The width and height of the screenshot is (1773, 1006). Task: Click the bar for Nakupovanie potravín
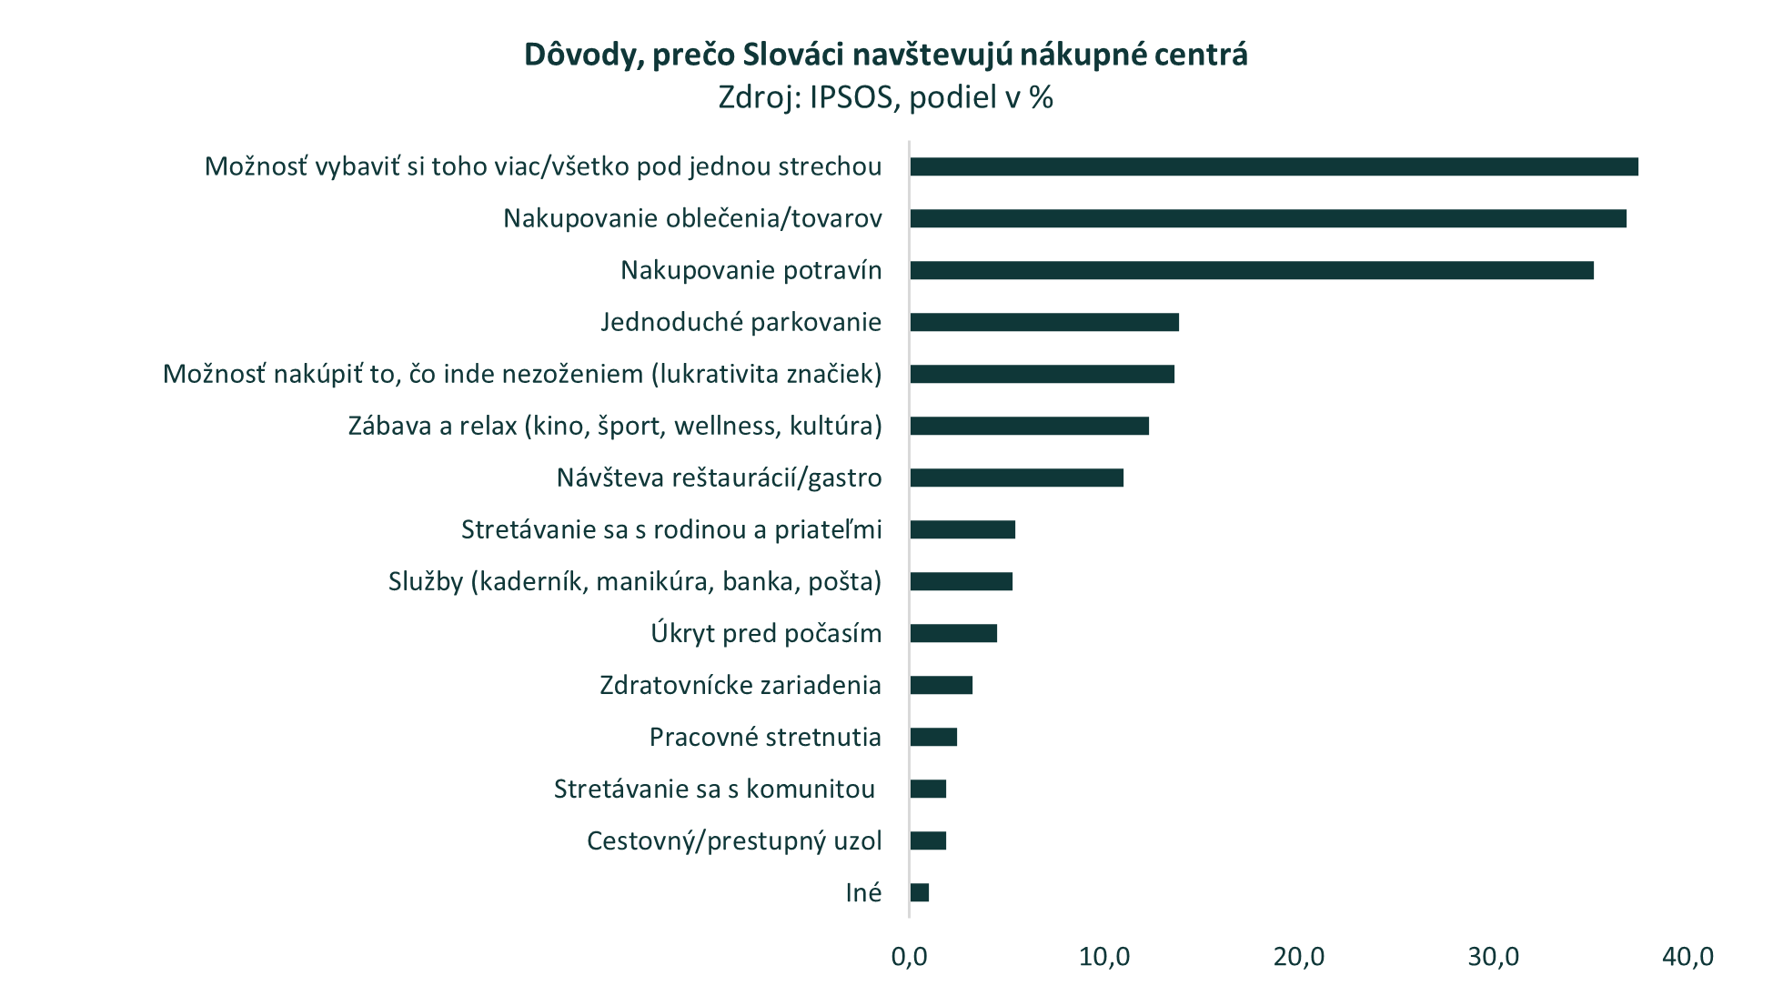(1251, 270)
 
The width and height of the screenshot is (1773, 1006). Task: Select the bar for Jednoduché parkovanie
(1044, 322)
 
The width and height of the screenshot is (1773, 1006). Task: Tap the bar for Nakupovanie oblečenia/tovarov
(1267, 218)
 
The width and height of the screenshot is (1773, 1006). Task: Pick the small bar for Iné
(920, 892)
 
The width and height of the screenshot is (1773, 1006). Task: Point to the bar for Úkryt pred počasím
(953, 633)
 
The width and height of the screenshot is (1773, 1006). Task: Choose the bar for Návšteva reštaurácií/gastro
(1016, 478)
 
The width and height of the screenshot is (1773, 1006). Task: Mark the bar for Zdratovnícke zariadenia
(942, 685)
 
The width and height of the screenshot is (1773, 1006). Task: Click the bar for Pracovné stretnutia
(933, 737)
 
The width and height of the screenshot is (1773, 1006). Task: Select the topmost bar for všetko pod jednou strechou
(1274, 166)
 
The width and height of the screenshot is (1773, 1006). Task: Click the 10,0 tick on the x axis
(1104, 957)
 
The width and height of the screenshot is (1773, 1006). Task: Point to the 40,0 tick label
(1687, 957)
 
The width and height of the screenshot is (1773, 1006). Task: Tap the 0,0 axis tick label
(910, 957)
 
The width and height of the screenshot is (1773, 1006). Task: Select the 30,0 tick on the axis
(1493, 957)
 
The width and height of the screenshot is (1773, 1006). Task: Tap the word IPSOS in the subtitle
(851, 97)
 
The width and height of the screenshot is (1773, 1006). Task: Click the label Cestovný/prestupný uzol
(734, 840)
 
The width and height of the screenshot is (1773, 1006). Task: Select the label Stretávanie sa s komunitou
(714, 789)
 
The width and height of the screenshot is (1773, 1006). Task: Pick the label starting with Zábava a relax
(615, 426)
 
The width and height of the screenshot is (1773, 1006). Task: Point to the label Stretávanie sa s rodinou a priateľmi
(671, 529)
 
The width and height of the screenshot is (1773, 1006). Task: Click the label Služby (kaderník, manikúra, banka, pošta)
(635, 581)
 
